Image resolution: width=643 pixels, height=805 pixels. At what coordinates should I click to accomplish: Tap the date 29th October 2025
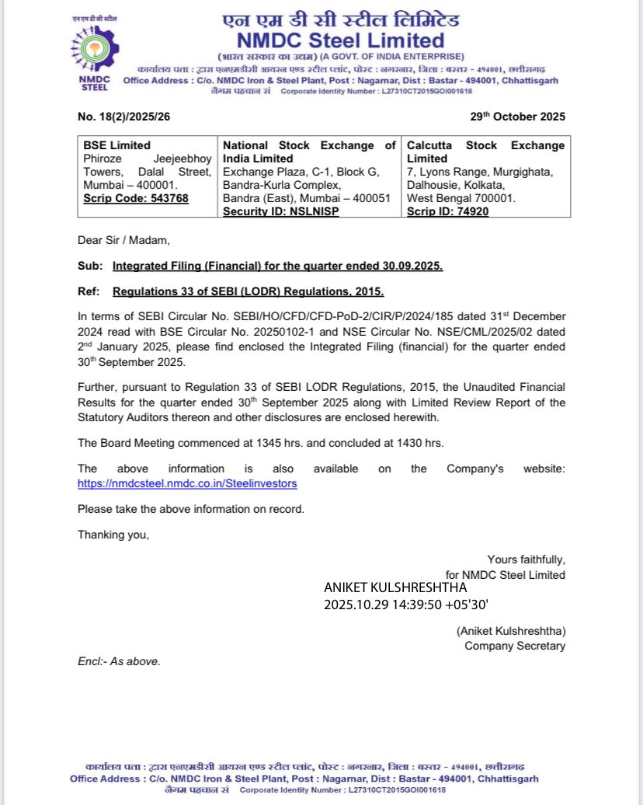point(517,117)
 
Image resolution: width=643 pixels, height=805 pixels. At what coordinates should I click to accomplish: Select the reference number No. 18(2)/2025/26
point(127,117)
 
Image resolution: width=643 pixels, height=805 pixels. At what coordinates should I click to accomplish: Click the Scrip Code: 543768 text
point(136,198)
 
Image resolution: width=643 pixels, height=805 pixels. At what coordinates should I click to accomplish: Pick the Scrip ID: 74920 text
point(448,211)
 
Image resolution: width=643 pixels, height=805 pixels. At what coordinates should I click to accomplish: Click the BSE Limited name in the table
point(117,146)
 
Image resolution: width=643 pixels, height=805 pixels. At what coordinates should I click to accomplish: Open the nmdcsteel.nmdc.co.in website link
point(187,483)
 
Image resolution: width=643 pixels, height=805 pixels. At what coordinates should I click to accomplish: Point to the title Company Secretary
point(515,646)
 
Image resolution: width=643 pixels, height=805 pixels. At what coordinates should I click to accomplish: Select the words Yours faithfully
point(526,559)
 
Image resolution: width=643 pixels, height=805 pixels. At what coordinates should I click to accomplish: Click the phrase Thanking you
point(113,535)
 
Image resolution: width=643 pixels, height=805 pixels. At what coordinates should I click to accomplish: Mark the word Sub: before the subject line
point(89,266)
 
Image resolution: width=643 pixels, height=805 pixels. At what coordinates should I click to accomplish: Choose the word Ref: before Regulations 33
point(89,291)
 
